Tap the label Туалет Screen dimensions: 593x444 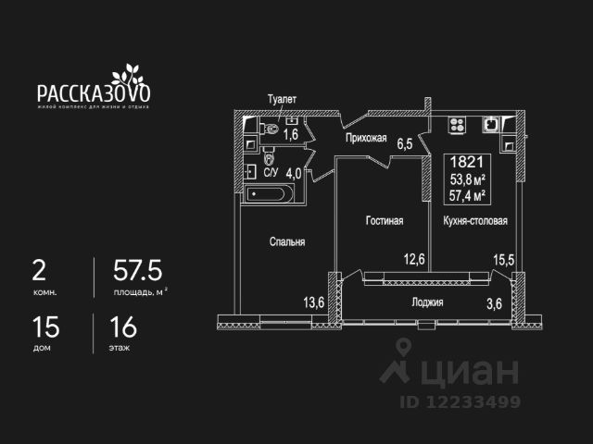[x=282, y=99]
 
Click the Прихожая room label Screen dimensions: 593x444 [x=365, y=139]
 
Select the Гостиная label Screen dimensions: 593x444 [x=383, y=221]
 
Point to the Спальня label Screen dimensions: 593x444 [x=287, y=241]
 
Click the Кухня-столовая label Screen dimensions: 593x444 [x=474, y=221]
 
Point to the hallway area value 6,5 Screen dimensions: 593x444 [x=405, y=143]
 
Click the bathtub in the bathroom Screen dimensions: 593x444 [x=270, y=194]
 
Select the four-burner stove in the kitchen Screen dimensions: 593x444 [x=456, y=123]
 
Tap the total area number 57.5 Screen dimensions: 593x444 [x=137, y=269]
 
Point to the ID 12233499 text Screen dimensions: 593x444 [x=460, y=401]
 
